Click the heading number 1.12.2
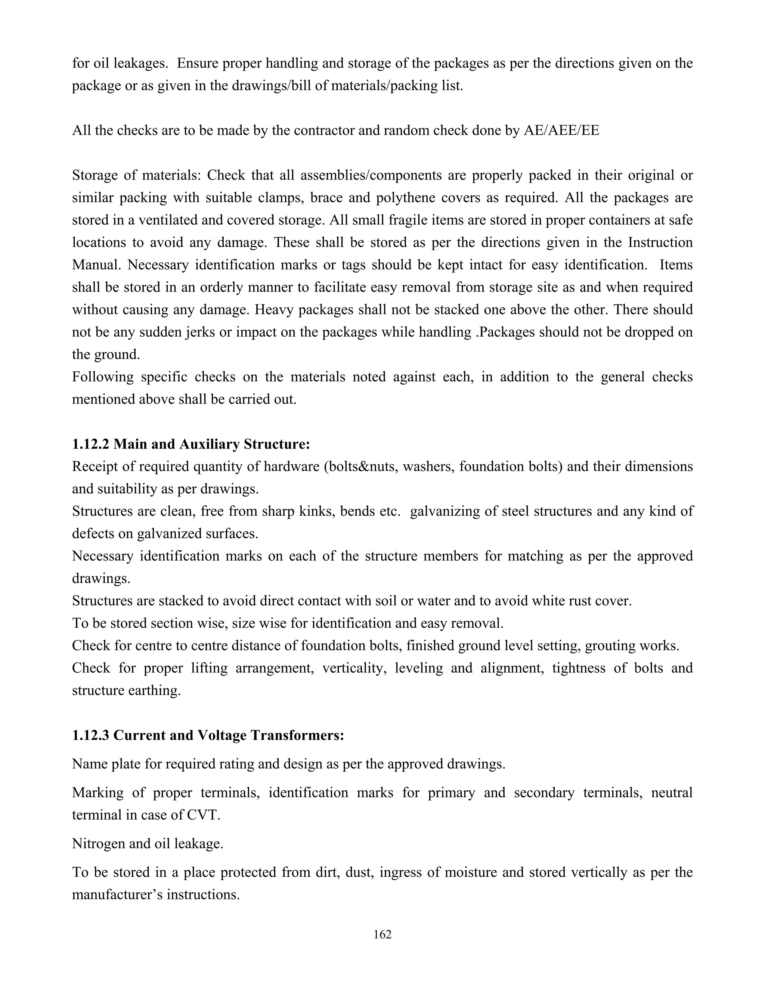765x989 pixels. (90, 444)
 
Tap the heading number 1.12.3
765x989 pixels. (90, 735)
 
